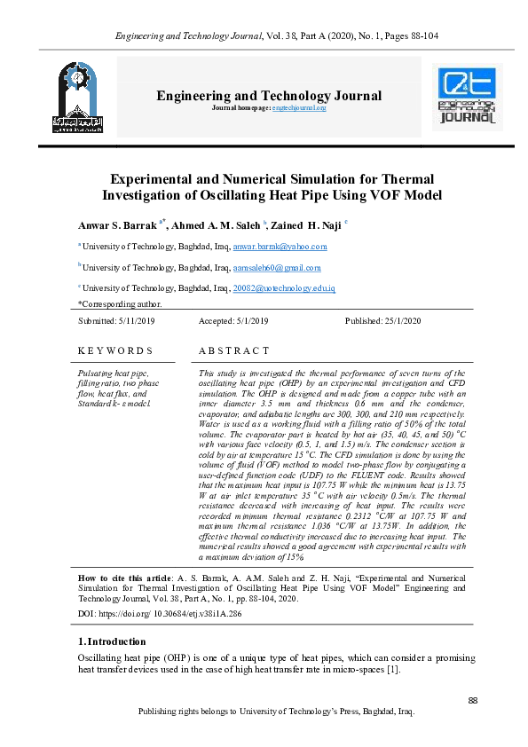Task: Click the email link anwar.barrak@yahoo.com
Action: [x=280, y=247]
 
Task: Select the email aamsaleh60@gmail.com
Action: [x=277, y=267]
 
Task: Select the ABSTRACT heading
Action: [x=234, y=351]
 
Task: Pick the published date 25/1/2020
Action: [x=398, y=320]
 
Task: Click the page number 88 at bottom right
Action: [x=472, y=701]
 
